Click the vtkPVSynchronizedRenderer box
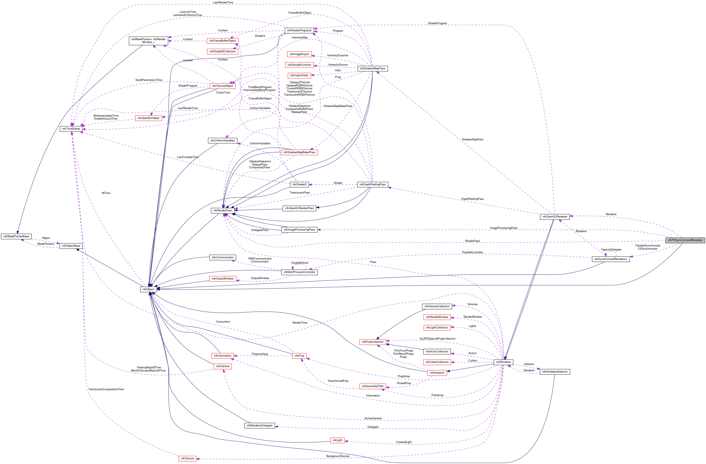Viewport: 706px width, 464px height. point(685,240)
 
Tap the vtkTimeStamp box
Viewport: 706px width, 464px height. point(71,129)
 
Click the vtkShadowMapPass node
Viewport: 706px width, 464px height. point(372,69)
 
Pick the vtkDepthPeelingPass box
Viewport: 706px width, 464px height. point(372,184)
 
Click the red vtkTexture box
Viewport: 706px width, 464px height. point(187,458)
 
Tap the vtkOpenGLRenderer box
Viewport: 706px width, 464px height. point(554,217)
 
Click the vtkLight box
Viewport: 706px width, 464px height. point(337,440)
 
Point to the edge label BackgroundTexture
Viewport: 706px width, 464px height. point(338,456)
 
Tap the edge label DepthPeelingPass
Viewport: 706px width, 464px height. point(472,199)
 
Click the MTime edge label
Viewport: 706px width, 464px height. point(106,193)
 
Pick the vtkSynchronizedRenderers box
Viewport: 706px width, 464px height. point(610,259)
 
